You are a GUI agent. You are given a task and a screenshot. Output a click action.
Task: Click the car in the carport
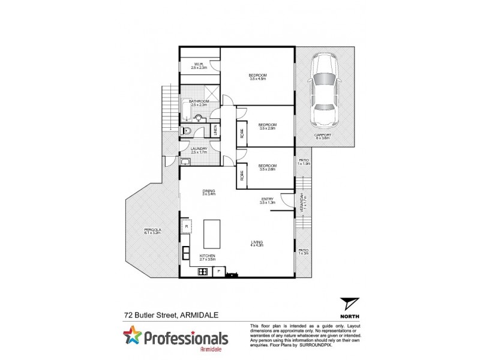(325, 91)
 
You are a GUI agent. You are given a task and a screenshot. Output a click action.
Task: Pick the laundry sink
(185, 161)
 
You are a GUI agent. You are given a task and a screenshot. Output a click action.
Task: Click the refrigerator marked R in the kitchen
(187, 226)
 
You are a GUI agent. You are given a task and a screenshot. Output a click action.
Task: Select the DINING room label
(208, 190)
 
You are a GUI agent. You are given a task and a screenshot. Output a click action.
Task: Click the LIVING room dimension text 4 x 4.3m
(257, 245)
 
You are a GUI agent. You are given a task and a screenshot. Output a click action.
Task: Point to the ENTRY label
(268, 199)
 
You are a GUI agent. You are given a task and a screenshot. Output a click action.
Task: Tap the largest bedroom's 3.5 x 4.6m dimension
(258, 79)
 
